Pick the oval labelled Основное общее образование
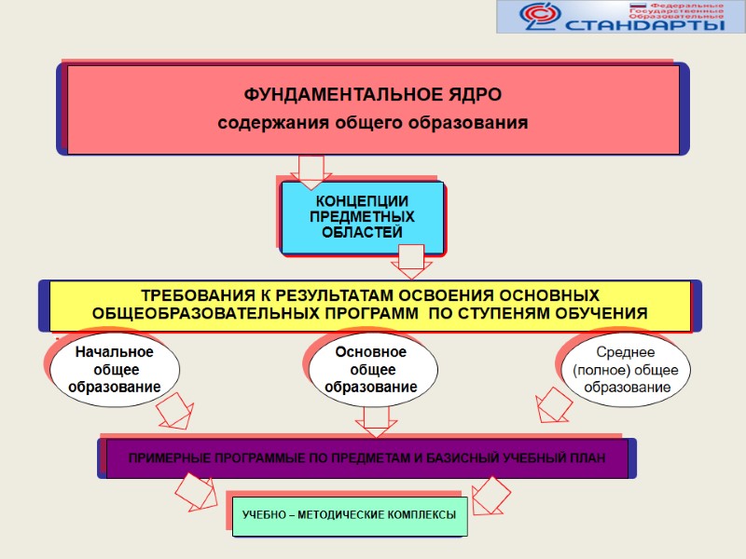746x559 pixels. (x=371, y=369)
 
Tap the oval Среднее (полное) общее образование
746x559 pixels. (x=626, y=369)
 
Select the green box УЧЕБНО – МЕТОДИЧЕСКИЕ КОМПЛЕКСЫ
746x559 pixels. (x=349, y=514)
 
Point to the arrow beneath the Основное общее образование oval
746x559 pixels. (x=375, y=422)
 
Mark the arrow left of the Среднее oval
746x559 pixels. (x=554, y=406)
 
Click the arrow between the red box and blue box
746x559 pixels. (x=310, y=170)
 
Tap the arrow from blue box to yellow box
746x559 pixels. (x=410, y=261)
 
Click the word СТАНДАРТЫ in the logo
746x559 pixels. (x=645, y=24)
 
